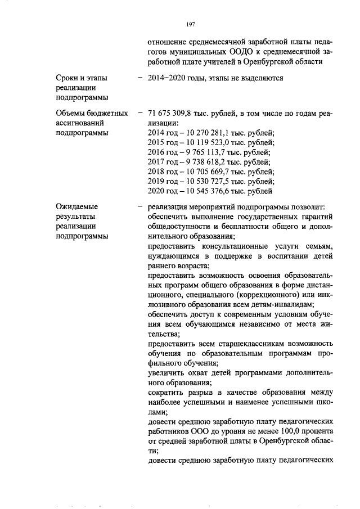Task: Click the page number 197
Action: [190, 24]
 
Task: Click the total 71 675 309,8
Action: [169, 113]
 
